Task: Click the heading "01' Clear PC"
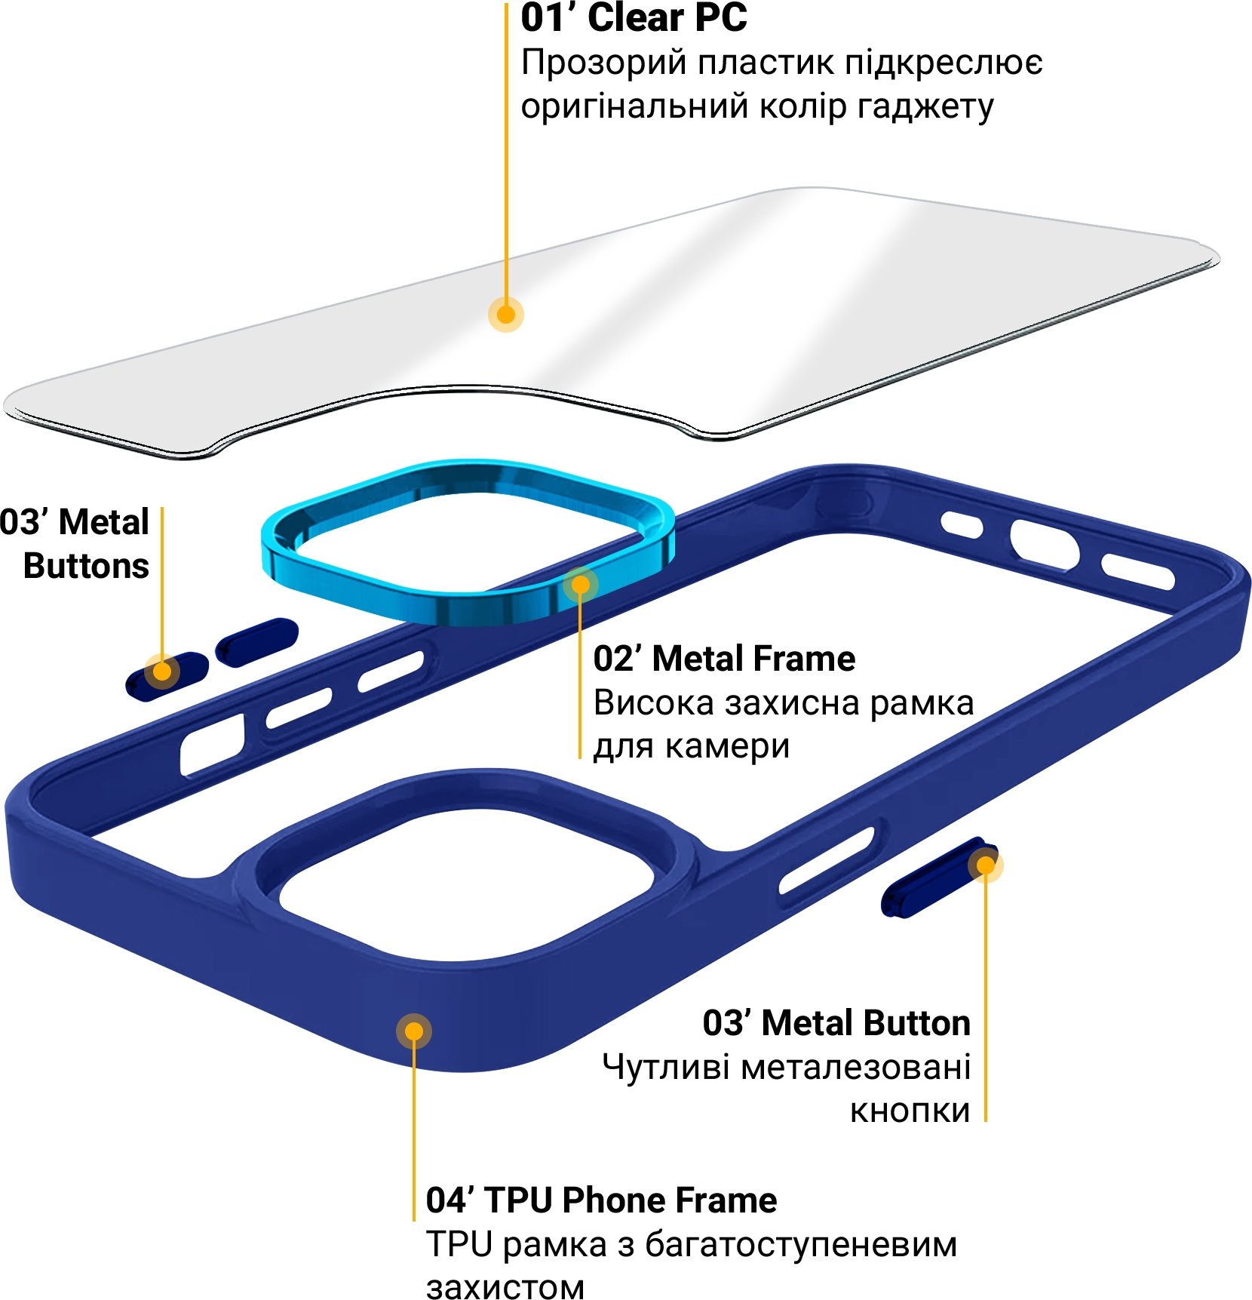pos(634,18)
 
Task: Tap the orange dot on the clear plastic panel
pos(506,314)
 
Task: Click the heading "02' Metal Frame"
pos(724,659)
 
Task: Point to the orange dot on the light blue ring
pos(580,585)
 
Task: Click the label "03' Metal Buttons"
pos(75,543)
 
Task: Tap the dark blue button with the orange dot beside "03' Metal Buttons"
pos(167,675)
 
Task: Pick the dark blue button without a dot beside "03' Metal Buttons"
pos(256,642)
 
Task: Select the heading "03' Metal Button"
pos(836,1023)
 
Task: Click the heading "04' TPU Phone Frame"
pos(601,1200)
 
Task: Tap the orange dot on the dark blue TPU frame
pos(413,1031)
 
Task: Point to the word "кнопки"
pos(910,1111)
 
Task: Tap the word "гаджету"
pos(925,107)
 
